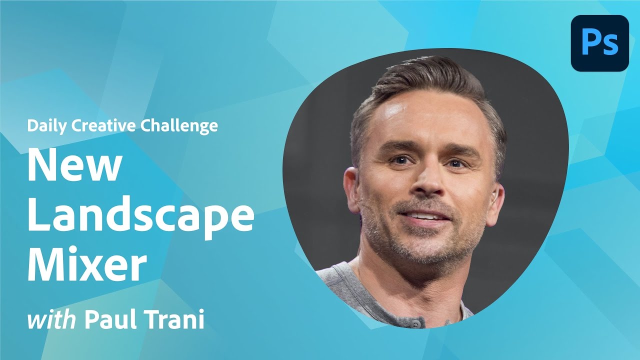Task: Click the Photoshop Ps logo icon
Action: (599, 43)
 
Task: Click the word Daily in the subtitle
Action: (47, 126)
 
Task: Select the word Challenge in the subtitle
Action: (178, 125)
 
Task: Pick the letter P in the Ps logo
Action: (591, 42)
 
